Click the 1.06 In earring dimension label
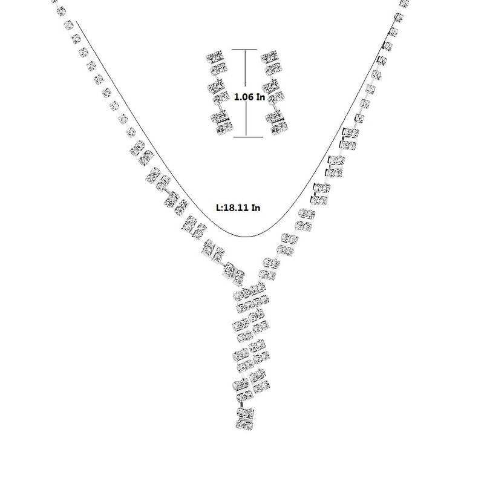[249, 97]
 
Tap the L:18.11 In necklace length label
[238, 208]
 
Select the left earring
[220, 93]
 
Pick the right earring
[275, 93]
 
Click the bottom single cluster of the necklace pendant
[245, 418]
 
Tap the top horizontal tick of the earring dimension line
[244, 50]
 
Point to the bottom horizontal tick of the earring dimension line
[248, 137]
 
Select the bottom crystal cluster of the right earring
[277, 123]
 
